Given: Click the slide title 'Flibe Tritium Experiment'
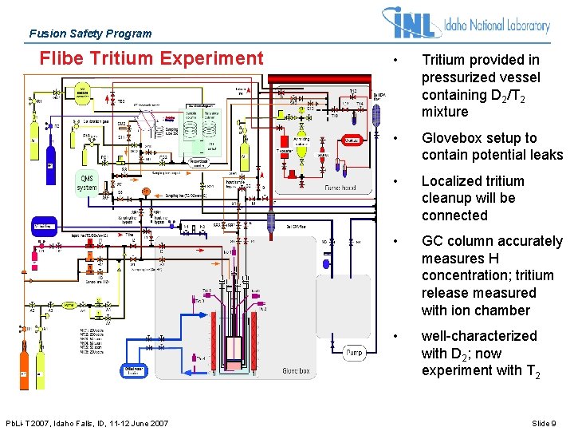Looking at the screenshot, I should point(151,58).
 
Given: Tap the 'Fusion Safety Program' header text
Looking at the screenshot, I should point(90,34).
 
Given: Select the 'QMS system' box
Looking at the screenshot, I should point(86,183).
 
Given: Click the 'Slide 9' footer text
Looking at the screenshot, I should point(544,423).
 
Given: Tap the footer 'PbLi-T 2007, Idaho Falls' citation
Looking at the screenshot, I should point(86,423).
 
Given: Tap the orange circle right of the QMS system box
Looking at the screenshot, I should point(146,192).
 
